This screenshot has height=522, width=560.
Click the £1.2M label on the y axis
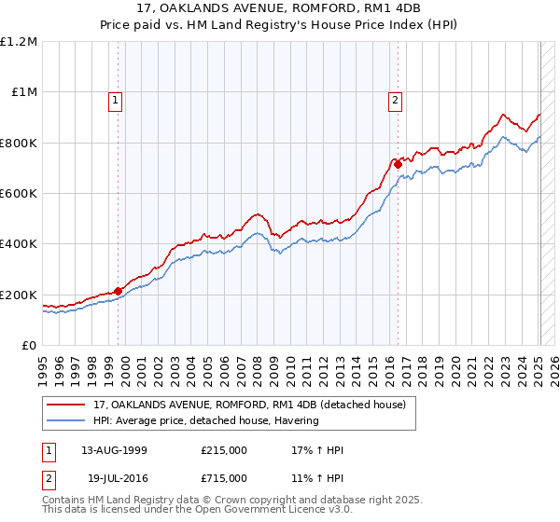pyautogui.click(x=19, y=41)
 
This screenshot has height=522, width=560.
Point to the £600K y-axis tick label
pyautogui.click(x=19, y=193)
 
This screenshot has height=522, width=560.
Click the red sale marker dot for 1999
pyautogui.click(x=119, y=291)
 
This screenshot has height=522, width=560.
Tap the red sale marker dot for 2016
pyautogui.click(x=398, y=164)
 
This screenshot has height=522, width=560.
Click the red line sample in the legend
pyautogui.click(x=67, y=405)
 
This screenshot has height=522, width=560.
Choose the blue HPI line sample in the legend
pyautogui.click(x=67, y=420)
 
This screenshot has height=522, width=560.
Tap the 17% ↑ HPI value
pyautogui.click(x=317, y=449)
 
